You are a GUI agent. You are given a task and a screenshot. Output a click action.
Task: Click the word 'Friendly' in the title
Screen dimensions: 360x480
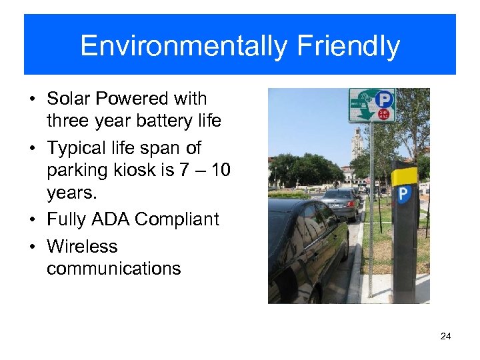tap(348, 47)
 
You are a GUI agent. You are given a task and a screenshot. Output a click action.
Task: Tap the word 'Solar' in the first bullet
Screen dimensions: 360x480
tap(69, 99)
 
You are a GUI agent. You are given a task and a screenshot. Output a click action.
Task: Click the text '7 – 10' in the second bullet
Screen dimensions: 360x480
tap(205, 170)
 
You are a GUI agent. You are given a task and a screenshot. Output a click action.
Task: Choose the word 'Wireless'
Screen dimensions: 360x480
tap(82, 247)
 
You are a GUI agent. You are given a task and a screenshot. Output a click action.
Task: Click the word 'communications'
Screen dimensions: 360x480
tap(114, 269)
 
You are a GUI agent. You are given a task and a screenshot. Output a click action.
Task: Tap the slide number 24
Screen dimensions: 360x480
tap(445, 336)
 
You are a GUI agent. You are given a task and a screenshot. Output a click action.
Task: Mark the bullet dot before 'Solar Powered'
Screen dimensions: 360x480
tap(33, 99)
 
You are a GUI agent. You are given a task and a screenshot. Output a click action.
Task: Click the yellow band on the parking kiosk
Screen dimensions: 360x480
tap(405, 177)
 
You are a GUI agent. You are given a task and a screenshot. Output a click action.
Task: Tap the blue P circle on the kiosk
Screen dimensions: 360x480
tap(403, 195)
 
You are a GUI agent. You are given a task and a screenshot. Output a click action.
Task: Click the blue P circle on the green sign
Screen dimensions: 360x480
tap(384, 100)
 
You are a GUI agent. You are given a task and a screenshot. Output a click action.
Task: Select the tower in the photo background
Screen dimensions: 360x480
tap(357, 143)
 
